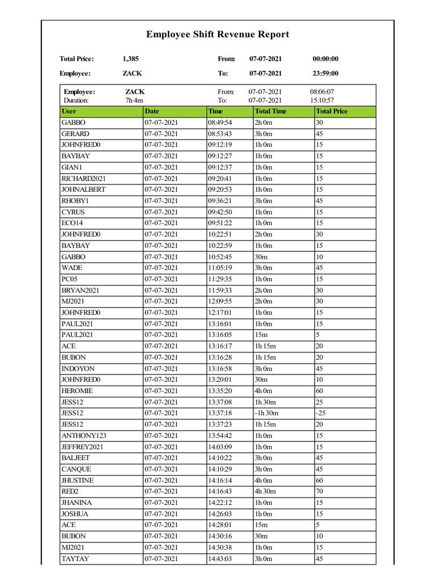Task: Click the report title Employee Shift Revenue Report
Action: click(217, 35)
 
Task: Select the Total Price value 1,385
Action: click(131, 59)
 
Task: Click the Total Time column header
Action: click(271, 111)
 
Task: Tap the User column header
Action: click(69, 111)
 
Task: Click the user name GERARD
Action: click(75, 134)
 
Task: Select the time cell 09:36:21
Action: click(220, 201)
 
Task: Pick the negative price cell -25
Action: click(321, 413)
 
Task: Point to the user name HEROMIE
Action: click(77, 391)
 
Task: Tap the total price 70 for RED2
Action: click(320, 491)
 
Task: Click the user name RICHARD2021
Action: click(83, 179)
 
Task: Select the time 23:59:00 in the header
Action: click(325, 73)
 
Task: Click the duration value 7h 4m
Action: click(134, 100)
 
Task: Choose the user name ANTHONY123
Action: click(83, 436)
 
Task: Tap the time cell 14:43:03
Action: click(220, 559)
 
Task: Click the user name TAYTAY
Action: click(75, 559)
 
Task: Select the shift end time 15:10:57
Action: click(321, 100)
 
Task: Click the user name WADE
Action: click(72, 268)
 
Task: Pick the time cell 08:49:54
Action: click(220, 123)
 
